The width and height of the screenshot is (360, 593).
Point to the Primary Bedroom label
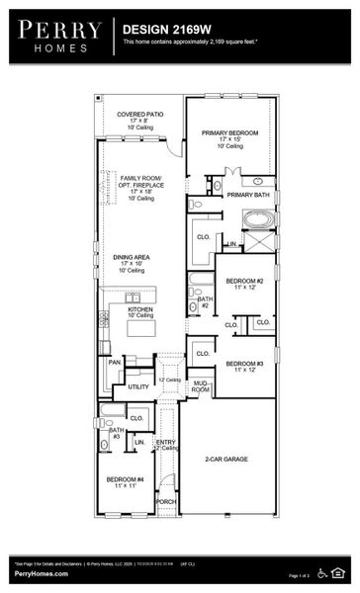[x=230, y=132]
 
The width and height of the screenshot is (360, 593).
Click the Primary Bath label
[x=246, y=195]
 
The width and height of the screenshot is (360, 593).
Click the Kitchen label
[x=140, y=309]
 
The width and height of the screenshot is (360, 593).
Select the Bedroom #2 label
[x=244, y=282]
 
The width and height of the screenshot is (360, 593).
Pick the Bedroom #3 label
[x=244, y=364]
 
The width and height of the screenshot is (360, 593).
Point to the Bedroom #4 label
[x=127, y=479]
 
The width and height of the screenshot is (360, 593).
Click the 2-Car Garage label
[x=227, y=460]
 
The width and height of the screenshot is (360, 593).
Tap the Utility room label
[x=138, y=386]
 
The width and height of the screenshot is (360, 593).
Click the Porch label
[x=166, y=501]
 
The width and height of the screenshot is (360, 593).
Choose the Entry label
[x=166, y=442]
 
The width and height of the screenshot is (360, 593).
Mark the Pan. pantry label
[x=114, y=363]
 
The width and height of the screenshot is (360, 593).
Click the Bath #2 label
[x=204, y=301]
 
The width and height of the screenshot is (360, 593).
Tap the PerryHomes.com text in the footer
[x=40, y=573]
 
